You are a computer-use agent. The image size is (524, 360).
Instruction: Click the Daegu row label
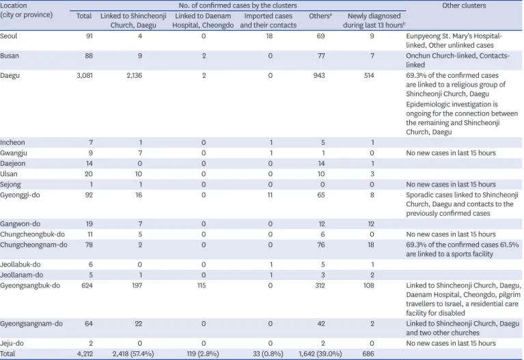tap(10, 76)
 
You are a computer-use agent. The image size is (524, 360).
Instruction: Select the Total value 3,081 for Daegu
tap(85, 76)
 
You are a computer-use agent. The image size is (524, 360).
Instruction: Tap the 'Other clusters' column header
tap(464, 5)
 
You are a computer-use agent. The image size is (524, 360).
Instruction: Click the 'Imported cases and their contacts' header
tap(268, 20)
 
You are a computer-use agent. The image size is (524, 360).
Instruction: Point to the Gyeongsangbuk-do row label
tap(30, 286)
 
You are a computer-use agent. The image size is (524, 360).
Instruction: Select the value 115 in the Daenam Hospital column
tap(201, 286)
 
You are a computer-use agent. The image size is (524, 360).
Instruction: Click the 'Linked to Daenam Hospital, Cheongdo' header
tap(203, 20)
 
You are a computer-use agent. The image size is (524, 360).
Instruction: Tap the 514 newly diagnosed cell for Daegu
tap(369, 76)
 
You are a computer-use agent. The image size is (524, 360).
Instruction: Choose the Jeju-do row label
tap(12, 344)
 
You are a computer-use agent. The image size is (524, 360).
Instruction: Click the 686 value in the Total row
tap(368, 354)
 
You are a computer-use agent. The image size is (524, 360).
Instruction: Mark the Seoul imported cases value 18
tap(269, 36)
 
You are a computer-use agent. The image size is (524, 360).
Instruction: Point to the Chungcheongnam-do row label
tap(33, 245)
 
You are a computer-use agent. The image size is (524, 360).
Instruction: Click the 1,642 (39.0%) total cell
tap(320, 354)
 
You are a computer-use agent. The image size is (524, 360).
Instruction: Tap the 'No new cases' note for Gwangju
tap(451, 153)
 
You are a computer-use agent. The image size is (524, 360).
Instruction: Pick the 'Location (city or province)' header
tap(27, 10)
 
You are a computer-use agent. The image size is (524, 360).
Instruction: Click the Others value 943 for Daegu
tap(319, 76)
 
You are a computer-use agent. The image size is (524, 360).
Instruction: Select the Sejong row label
tap(10, 184)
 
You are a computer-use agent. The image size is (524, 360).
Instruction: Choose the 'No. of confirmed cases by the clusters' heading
tap(238, 5)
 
